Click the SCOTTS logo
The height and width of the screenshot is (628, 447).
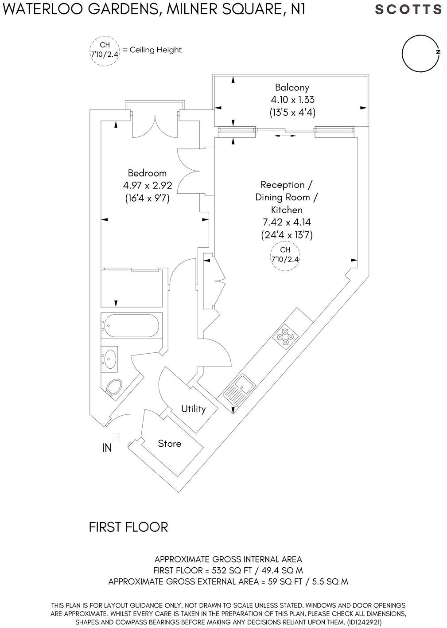point(408,9)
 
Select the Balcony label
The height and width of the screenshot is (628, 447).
point(292,87)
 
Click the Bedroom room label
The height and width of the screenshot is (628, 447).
point(147,173)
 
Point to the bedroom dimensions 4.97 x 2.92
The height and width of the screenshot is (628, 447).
point(147,185)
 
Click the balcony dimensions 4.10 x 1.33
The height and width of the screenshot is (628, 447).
point(292,100)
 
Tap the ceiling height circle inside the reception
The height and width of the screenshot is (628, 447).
point(285,255)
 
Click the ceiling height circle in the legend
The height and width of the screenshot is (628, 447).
point(105,50)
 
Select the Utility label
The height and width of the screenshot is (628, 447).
point(194,409)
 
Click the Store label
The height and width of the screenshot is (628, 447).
point(170,444)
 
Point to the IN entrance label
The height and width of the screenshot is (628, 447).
point(107,449)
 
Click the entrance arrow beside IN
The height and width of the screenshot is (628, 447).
point(116,437)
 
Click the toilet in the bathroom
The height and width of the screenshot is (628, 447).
point(114,386)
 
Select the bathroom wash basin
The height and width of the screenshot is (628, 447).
point(109,358)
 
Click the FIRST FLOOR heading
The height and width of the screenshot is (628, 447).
point(128,527)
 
